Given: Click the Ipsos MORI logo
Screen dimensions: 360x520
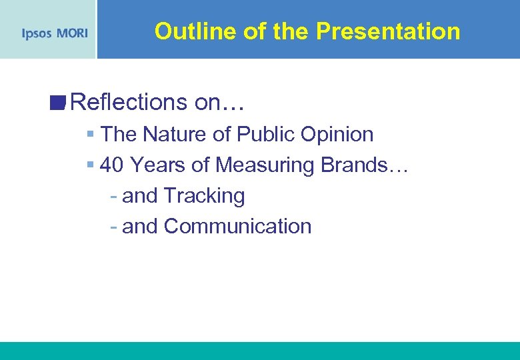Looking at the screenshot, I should (x=55, y=33).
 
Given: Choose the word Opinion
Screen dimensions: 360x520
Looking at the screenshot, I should (x=337, y=134).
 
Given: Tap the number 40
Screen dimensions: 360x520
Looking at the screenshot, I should (x=113, y=165).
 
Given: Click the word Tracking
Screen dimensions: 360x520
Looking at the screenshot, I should (x=204, y=196).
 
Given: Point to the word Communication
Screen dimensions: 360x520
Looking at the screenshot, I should (x=237, y=227).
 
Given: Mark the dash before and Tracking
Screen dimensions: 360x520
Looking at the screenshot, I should (x=114, y=197).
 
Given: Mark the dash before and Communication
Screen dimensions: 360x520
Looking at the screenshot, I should (x=114, y=227).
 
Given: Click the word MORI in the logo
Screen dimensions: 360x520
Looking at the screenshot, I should (x=71, y=33).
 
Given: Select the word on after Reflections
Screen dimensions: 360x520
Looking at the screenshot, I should (x=209, y=102).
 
